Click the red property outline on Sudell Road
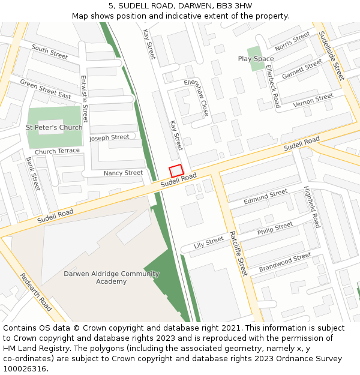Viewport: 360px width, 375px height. point(176,171)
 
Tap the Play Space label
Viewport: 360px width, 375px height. point(256,59)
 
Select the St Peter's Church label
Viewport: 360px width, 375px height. point(54,128)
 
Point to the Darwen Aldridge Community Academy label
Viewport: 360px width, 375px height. point(112,277)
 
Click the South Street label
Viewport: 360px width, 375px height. point(50,52)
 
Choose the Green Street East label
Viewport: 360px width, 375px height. point(46,88)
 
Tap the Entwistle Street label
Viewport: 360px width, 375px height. point(84,98)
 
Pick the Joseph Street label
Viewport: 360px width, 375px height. point(109,137)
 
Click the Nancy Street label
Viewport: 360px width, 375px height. point(123,173)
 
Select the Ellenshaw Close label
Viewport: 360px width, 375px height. point(197,97)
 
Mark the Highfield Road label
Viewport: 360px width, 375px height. point(312,206)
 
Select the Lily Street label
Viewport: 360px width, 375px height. point(209,242)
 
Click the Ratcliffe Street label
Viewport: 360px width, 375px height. point(238,253)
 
